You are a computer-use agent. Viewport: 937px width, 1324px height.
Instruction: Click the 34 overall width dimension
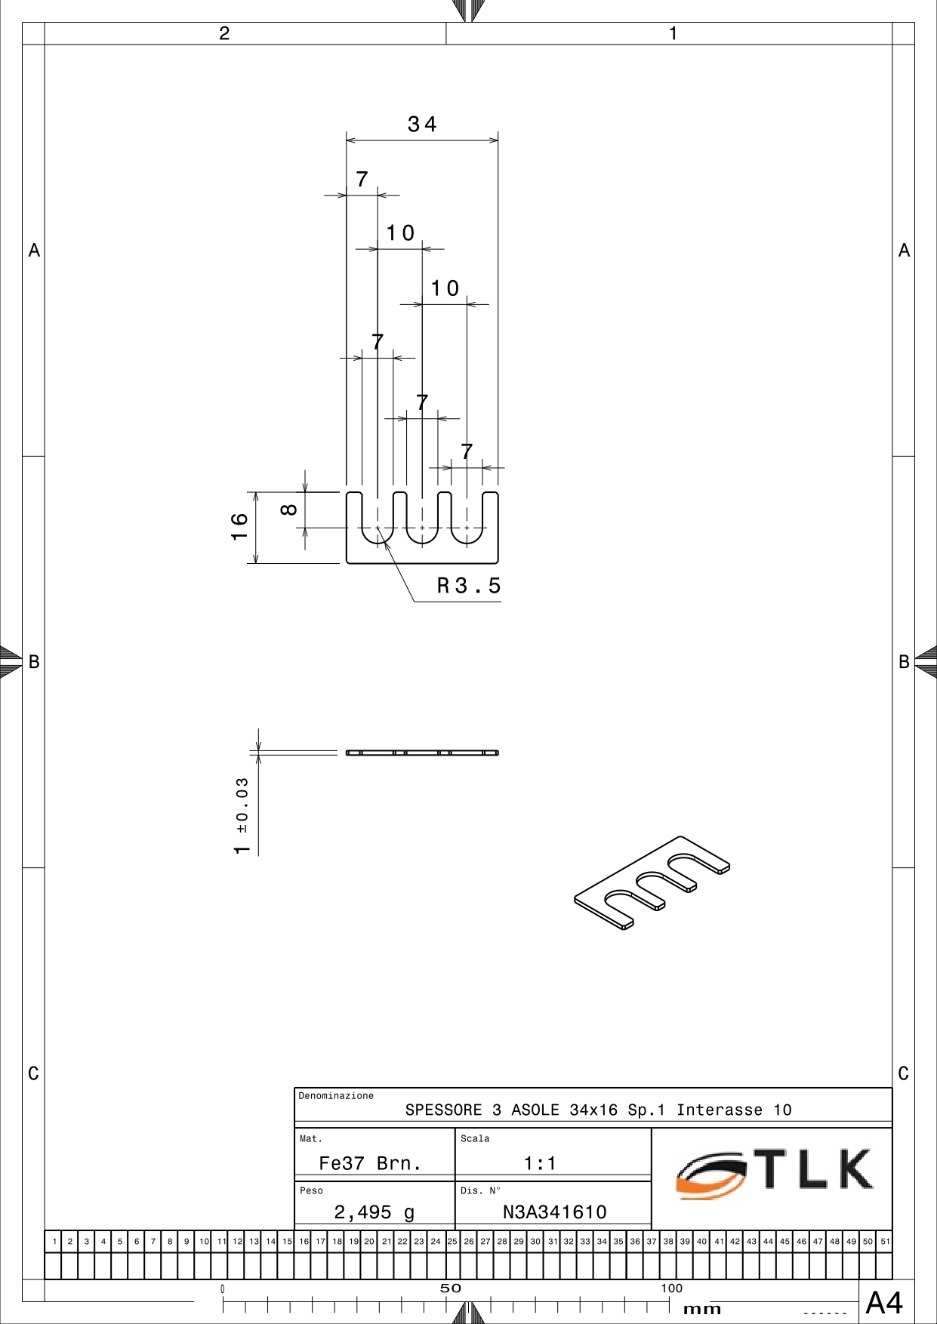pyautogui.click(x=422, y=124)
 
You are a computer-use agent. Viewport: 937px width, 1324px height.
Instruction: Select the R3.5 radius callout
pyautogui.click(x=469, y=586)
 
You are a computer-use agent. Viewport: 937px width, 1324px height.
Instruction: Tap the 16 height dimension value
pyautogui.click(x=239, y=526)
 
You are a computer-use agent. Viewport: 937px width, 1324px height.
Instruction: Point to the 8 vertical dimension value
pyautogui.click(x=288, y=510)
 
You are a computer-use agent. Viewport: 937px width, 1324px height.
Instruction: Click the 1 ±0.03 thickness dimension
pyautogui.click(x=242, y=816)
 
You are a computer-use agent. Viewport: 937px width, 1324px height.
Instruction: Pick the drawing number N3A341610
pyautogui.click(x=555, y=1212)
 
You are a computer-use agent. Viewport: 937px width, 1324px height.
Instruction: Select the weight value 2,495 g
pyautogui.click(x=374, y=1212)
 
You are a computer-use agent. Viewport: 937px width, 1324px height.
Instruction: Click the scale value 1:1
pyautogui.click(x=540, y=1163)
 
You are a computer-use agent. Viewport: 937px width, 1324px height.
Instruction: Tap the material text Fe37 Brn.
pyautogui.click(x=370, y=1163)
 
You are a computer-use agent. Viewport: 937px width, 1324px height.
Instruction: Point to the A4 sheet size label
pyautogui.click(x=884, y=1303)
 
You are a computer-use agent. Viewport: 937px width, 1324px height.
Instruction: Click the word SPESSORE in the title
pyautogui.click(x=443, y=1110)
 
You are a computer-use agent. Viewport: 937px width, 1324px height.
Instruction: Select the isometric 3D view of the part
pyautogui.click(x=652, y=882)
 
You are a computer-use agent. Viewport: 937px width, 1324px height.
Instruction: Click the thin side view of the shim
pyautogui.click(x=422, y=753)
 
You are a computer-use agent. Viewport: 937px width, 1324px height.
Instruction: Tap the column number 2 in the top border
pyautogui.click(x=224, y=33)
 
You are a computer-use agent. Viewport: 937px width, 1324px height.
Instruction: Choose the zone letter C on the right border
pyautogui.click(x=904, y=1073)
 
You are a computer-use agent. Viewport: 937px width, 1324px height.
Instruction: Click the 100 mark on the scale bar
pyautogui.click(x=671, y=1289)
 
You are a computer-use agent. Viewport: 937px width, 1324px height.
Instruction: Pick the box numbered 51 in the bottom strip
pyautogui.click(x=885, y=1241)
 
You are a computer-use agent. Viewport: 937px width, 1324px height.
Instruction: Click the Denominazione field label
pyautogui.click(x=336, y=1096)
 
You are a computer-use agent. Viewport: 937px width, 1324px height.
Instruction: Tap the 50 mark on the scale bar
pyautogui.click(x=450, y=1289)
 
